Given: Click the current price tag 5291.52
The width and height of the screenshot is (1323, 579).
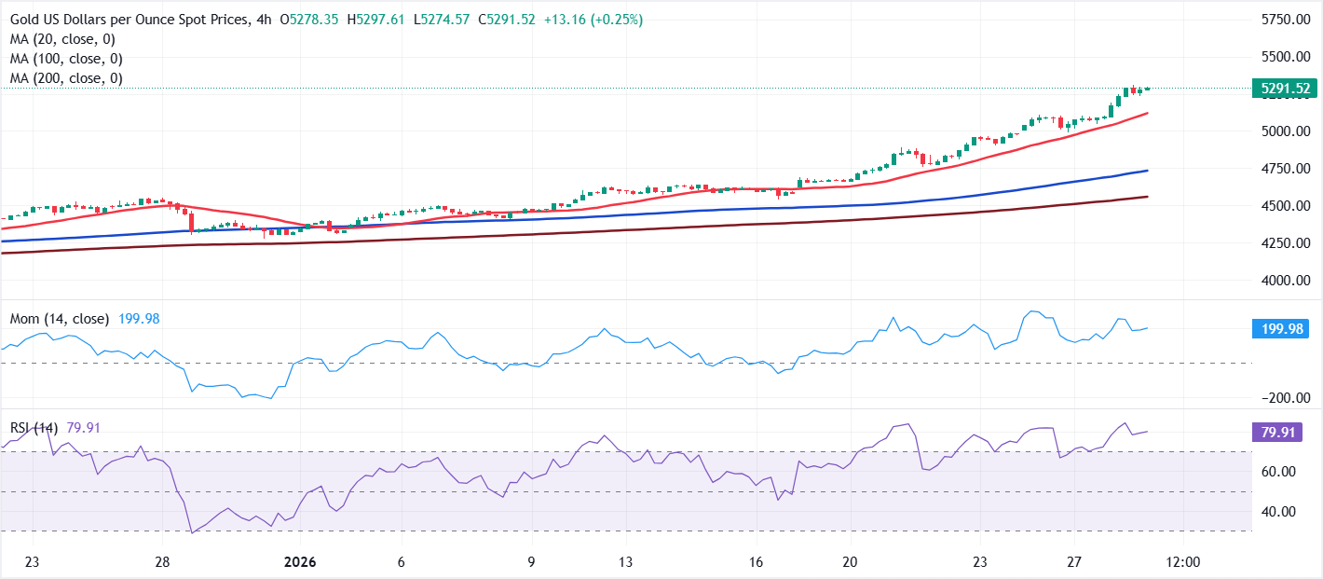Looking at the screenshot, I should click(x=1285, y=90).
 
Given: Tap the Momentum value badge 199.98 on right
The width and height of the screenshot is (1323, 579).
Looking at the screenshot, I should click(x=1285, y=328).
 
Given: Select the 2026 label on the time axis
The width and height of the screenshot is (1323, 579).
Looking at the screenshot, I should click(x=300, y=563).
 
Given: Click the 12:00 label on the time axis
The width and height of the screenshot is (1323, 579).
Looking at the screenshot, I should click(x=1182, y=563).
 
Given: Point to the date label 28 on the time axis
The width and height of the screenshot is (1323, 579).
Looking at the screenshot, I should click(x=162, y=563).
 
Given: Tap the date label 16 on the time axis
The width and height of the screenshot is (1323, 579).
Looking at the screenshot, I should click(x=756, y=563).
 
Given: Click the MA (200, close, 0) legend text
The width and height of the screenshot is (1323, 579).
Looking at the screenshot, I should click(x=66, y=78).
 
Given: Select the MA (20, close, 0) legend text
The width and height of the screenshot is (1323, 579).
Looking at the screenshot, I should click(x=62, y=39).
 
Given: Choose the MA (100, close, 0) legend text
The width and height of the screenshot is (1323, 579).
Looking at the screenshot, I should click(x=66, y=59).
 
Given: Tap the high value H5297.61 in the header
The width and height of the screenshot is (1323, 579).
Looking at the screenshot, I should click(x=377, y=20).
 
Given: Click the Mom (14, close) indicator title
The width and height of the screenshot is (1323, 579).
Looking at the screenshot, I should click(x=60, y=319).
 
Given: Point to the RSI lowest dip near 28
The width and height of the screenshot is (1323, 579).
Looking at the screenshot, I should click(x=192, y=532).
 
